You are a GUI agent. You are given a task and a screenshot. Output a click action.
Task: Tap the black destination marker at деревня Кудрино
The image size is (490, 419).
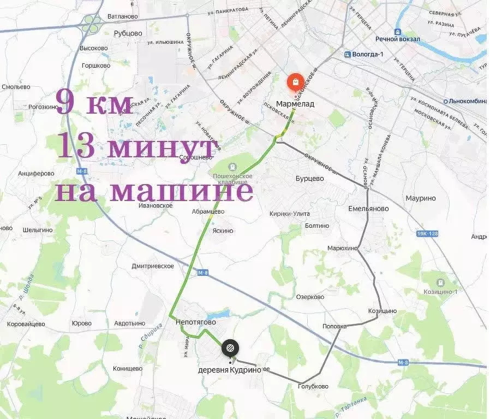pos(230,347)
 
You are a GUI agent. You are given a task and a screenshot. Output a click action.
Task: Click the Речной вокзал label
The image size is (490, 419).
pos(397,39)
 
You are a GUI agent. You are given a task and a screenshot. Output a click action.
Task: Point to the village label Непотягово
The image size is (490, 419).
pos(196,322)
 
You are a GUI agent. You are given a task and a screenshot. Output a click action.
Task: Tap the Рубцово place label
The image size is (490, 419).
pos(128,33)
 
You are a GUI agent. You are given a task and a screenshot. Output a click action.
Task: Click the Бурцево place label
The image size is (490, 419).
pos(309,179)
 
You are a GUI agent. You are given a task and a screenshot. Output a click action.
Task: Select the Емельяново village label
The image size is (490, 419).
pos(368,209)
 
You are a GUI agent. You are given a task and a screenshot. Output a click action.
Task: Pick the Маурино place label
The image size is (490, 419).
pos(421,198)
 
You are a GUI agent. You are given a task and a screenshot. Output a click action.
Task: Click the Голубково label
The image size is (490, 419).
pos(313,386)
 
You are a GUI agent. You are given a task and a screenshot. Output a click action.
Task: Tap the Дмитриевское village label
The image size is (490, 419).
pos(153,266)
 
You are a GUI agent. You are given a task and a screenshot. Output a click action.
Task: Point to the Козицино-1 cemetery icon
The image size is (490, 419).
pos(440,282)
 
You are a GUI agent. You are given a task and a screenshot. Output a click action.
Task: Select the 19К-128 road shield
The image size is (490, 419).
pos(427,234)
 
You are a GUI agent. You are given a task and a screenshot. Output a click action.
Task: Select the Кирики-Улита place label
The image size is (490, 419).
pos(290,214)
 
